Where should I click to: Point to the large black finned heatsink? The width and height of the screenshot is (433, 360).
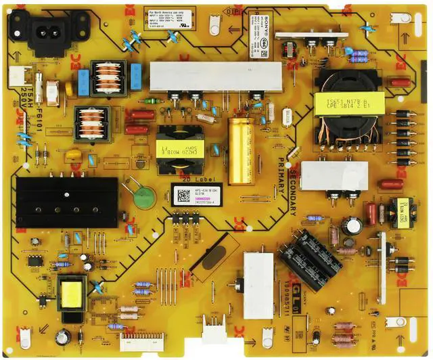click(x=66, y=202)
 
